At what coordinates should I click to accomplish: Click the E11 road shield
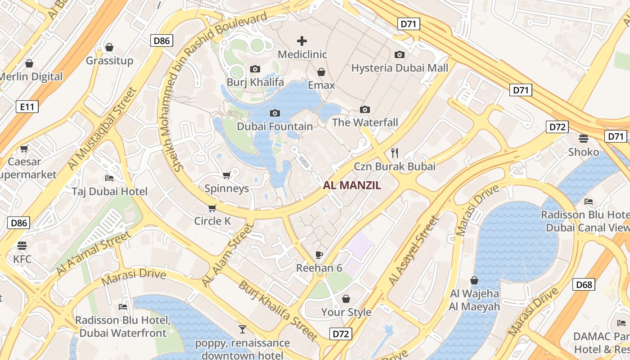pyautogui.click(x=27, y=107)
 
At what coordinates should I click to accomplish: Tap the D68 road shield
pyautogui.click(x=584, y=284)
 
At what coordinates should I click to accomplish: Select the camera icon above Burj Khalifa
pyautogui.click(x=255, y=69)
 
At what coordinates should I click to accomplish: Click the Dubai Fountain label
pyautogui.click(x=274, y=126)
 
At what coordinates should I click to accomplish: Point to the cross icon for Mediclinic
pyautogui.click(x=302, y=41)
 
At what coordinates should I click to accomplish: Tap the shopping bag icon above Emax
pyautogui.click(x=321, y=72)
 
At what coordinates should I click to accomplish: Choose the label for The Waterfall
pyautogui.click(x=365, y=122)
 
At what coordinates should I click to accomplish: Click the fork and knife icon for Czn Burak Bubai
pyautogui.click(x=395, y=153)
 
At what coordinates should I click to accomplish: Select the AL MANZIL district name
pyautogui.click(x=352, y=185)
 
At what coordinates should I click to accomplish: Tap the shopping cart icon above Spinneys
pyautogui.click(x=227, y=175)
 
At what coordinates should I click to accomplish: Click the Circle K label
pyautogui.click(x=212, y=221)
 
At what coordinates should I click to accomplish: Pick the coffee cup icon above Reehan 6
pyautogui.click(x=319, y=255)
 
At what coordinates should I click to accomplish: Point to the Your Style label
pyautogui.click(x=346, y=312)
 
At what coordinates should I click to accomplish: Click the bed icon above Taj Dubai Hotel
pyautogui.click(x=109, y=178)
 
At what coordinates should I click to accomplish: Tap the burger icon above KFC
pyautogui.click(x=22, y=245)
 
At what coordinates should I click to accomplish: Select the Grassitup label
pyautogui.click(x=109, y=61)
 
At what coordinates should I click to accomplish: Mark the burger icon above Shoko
pyautogui.click(x=584, y=138)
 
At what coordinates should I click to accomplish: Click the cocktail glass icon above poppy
pyautogui.click(x=243, y=329)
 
